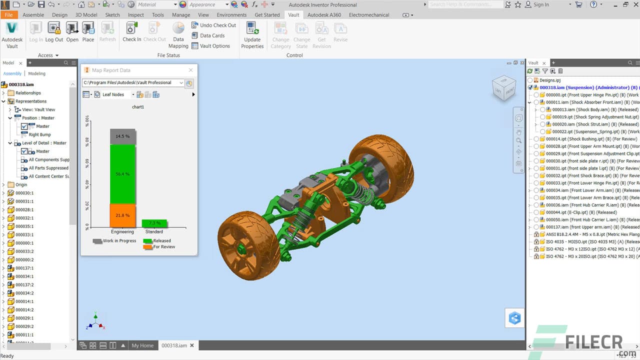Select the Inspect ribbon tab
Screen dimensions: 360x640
point(135,15)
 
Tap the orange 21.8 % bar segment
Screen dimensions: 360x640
point(122,215)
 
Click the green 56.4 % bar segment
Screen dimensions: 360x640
point(122,173)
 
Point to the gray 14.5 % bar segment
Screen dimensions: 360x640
point(122,136)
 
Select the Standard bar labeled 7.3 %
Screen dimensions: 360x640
point(154,223)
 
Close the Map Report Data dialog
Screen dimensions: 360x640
point(190,70)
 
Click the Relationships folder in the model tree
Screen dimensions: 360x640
point(28,93)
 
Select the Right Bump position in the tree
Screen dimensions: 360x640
point(39,134)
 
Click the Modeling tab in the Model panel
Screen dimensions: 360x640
point(36,73)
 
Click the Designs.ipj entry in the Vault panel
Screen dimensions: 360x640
point(550,80)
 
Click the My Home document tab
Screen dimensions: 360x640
point(142,345)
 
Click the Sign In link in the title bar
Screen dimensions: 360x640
point(541,4)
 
